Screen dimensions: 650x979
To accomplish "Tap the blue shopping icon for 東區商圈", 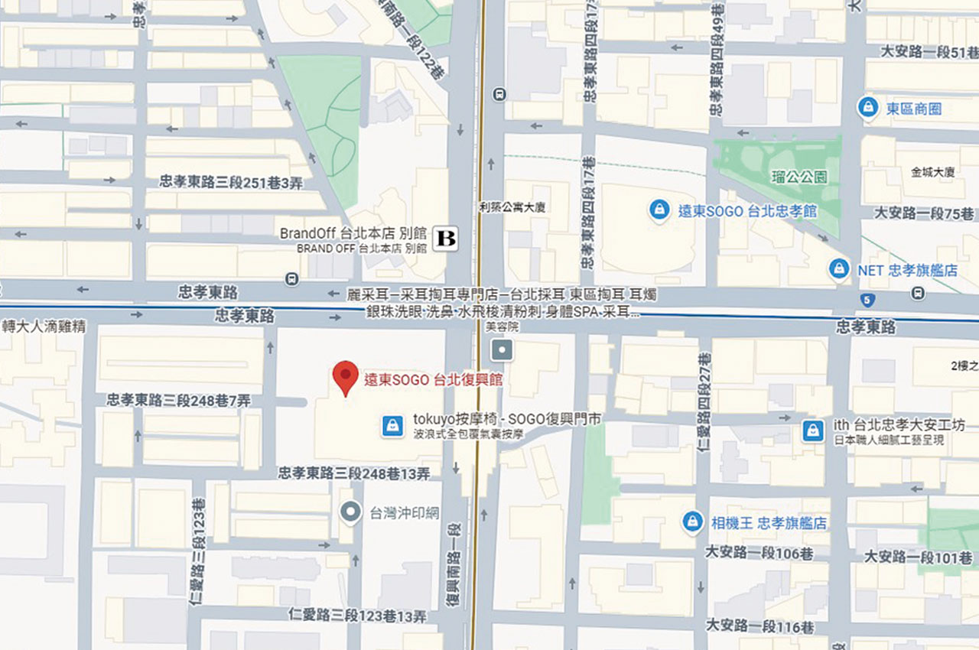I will [867, 108].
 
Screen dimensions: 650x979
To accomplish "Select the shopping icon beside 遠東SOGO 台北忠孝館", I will [659, 210].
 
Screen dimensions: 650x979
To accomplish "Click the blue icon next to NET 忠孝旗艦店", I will [840, 269].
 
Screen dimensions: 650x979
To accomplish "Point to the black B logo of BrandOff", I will [445, 239].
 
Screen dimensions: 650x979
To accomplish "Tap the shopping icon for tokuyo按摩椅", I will [392, 425].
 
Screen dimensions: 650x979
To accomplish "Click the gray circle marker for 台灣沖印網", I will [351, 512].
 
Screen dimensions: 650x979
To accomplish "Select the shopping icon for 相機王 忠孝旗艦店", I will [692, 522].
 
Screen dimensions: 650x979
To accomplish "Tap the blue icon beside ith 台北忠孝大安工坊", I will [812, 431].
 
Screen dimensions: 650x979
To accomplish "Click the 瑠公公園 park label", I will [799, 177].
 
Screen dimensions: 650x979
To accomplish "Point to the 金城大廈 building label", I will [932, 172].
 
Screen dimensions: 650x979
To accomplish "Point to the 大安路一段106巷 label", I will [759, 553].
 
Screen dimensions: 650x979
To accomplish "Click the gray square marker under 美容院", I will [503, 351].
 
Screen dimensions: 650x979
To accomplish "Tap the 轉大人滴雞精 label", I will [44, 327].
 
